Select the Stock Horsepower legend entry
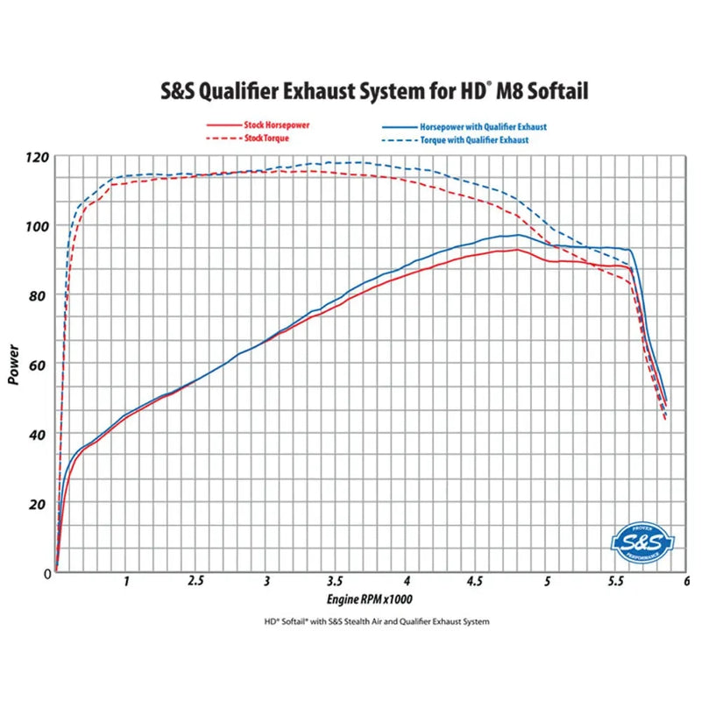[x=258, y=125]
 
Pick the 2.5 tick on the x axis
[x=196, y=581]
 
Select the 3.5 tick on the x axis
[x=336, y=581]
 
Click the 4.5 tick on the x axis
[x=476, y=581]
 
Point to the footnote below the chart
[x=376, y=621]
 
